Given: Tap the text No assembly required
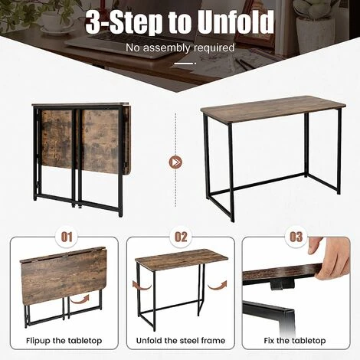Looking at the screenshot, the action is tap(180, 47).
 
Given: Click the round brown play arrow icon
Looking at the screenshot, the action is tap(175, 162).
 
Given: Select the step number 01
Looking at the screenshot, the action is tap(67, 237).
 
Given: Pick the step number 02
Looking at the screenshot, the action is tap(181, 237).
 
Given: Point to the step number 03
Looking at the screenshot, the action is tap(296, 237).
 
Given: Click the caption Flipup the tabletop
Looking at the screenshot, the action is tap(64, 341).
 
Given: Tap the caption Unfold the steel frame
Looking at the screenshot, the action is tap(181, 341).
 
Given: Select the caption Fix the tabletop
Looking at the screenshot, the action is tap(295, 341).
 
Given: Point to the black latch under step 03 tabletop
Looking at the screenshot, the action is tap(282, 284).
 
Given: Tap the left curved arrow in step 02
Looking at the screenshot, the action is tap(142, 285).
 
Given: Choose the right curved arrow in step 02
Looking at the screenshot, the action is tap(217, 285).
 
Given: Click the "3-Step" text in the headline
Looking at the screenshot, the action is tap(123, 22).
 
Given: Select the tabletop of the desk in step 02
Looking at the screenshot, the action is tap(182, 258).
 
